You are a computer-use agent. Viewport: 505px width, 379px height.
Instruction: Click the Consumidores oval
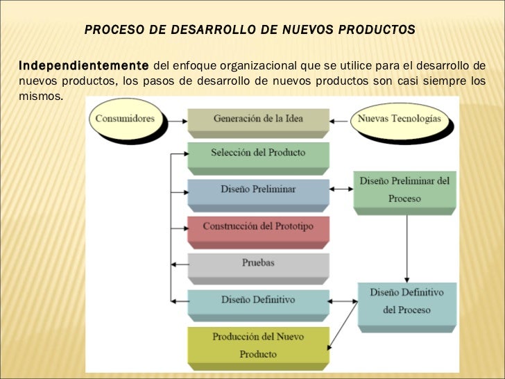click(x=125, y=119)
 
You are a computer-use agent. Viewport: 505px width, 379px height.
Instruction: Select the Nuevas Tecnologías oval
click(x=399, y=119)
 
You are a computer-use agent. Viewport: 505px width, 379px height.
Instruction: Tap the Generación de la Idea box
click(x=258, y=119)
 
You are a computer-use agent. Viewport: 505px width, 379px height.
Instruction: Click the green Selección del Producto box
click(x=258, y=153)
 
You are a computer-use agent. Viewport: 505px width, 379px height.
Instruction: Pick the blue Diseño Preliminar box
click(x=258, y=189)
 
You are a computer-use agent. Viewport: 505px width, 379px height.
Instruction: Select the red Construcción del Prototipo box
click(x=258, y=227)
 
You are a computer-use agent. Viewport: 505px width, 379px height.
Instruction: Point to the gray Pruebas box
click(x=258, y=263)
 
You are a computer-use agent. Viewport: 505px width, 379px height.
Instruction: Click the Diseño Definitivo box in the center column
click(x=258, y=300)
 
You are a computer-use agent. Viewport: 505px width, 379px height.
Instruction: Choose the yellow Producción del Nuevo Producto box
click(x=258, y=345)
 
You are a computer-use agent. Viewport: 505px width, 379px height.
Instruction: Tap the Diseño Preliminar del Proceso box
click(x=404, y=189)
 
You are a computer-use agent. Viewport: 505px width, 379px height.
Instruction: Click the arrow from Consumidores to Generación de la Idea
click(x=176, y=119)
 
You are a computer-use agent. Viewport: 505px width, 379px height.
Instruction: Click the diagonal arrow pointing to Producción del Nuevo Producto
click(x=342, y=329)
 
